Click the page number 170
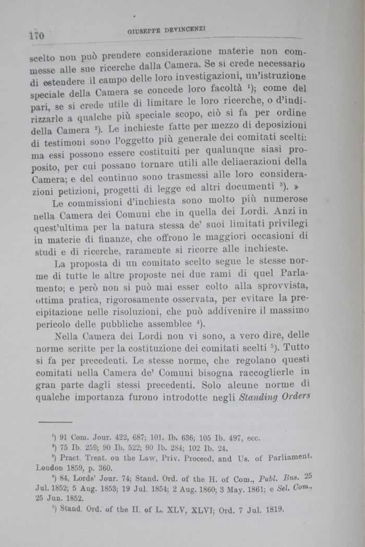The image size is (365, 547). pos(36,35)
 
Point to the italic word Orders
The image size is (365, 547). pos(297,395)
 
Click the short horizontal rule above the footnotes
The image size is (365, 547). pos(55,421)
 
